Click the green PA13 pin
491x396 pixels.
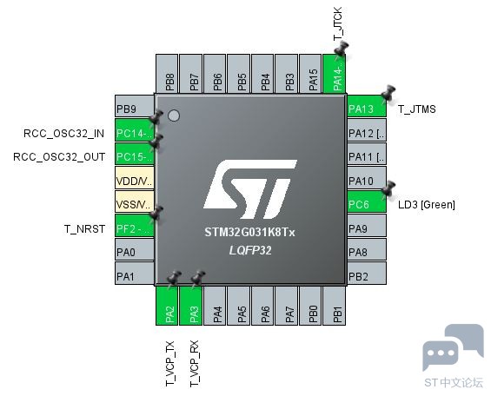pyautogui.click(x=367, y=106)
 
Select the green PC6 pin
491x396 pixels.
pyautogui.click(x=367, y=201)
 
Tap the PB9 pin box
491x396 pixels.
pyautogui.click(x=135, y=106)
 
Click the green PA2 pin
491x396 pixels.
pyautogui.click(x=167, y=306)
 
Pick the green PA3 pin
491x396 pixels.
pyautogui.click(x=191, y=306)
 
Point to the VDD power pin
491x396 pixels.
pyautogui.click(x=135, y=178)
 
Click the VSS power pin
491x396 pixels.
pyautogui.click(x=135, y=201)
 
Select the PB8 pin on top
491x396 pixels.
pyautogui.click(x=167, y=74)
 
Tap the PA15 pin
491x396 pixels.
pyautogui.click(x=310, y=74)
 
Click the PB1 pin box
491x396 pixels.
pyautogui.click(x=335, y=306)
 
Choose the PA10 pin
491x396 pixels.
pyautogui.click(x=367, y=178)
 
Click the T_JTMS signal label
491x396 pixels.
pyautogui.click(x=417, y=109)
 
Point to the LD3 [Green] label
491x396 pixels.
pyautogui.click(x=427, y=205)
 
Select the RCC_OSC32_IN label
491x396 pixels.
pyautogui.click(x=64, y=134)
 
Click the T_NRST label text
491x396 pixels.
pyautogui.click(x=84, y=229)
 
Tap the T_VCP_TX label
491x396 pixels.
pyautogui.click(x=169, y=364)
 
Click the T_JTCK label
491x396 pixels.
pyautogui.click(x=338, y=23)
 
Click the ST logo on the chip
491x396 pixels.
pyautogui.click(x=250, y=189)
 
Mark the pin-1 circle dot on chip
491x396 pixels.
pyautogui.click(x=174, y=115)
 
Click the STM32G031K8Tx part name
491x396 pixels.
pyautogui.click(x=250, y=233)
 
